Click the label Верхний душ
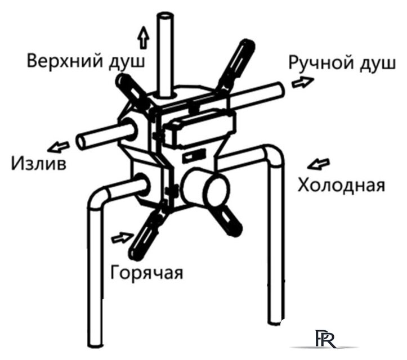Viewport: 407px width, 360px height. pos(86,61)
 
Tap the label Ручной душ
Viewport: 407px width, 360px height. pos(342,63)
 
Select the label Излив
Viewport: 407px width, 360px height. pos(39,163)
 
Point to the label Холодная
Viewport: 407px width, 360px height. pos(341,184)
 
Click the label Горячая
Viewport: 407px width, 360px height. pos(147,272)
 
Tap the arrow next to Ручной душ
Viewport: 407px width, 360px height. pos(303,82)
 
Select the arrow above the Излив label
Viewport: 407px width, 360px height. pos(59,147)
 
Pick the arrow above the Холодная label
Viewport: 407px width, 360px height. pos(319,164)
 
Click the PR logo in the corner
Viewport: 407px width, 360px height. pos(325,339)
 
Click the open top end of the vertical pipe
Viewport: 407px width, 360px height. pos(165,16)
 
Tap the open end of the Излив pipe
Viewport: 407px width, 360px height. pos(81,142)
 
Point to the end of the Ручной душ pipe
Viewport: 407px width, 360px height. pos(280,90)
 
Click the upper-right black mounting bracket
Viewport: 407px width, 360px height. pos(236,65)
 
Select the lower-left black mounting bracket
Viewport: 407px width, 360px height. pos(147,233)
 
